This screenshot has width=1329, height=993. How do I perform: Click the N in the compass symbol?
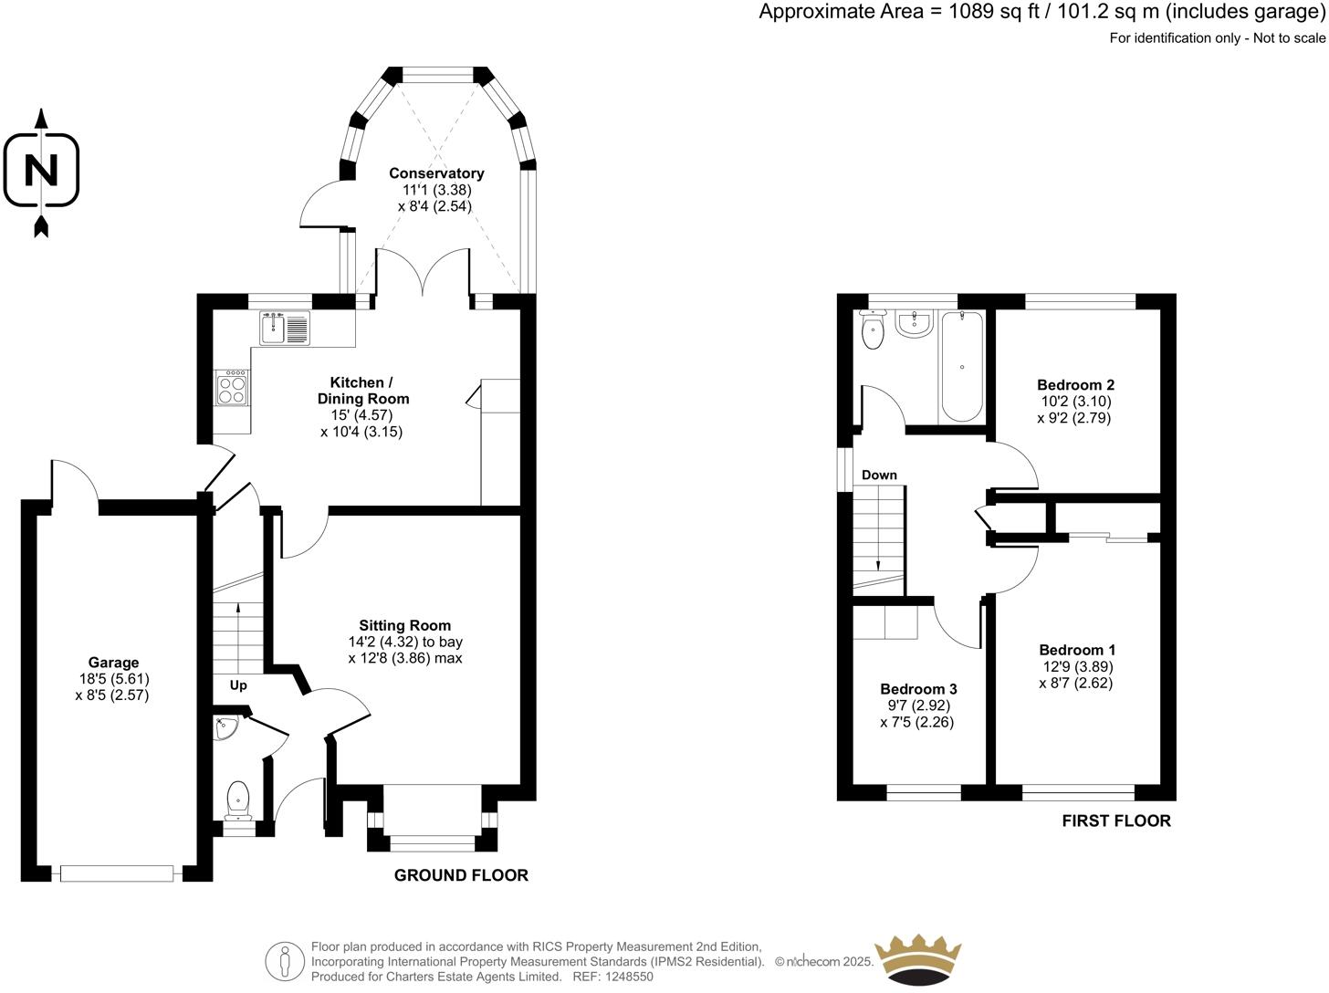[x=41, y=170]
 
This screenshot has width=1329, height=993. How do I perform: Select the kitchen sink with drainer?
[x=285, y=328]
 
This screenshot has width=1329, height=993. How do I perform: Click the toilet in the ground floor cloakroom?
[x=238, y=801]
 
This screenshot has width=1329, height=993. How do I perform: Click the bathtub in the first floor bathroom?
[x=961, y=366]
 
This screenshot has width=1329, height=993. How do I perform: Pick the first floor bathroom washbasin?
[x=915, y=323]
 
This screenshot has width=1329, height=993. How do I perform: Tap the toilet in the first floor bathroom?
[x=873, y=329]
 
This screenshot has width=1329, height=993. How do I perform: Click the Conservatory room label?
[x=436, y=173]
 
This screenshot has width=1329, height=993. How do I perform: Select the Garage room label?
[x=113, y=663]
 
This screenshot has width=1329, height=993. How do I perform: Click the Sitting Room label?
[x=404, y=626]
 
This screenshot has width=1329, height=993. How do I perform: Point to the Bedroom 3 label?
[x=918, y=689]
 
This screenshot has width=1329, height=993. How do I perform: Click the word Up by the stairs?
[x=238, y=685]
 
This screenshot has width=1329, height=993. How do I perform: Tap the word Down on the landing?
[x=879, y=475]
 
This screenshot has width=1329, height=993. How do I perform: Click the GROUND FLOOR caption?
[x=461, y=875]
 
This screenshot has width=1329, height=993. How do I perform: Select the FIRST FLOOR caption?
[x=1116, y=821]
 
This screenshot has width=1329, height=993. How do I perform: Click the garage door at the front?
[x=117, y=873]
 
